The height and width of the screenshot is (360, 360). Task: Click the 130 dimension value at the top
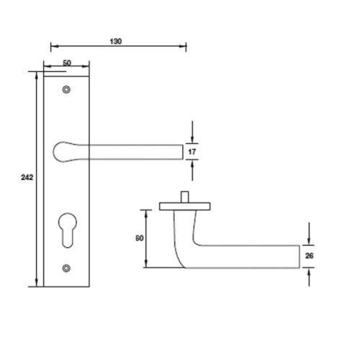[116, 41]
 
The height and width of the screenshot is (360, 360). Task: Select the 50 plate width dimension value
[66, 63]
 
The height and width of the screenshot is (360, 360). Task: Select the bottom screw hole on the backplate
[67, 269]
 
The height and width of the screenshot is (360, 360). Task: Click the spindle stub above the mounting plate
[184, 197]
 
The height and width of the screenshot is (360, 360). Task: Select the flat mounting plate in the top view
[184, 207]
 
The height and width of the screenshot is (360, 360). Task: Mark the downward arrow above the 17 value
[193, 138]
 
